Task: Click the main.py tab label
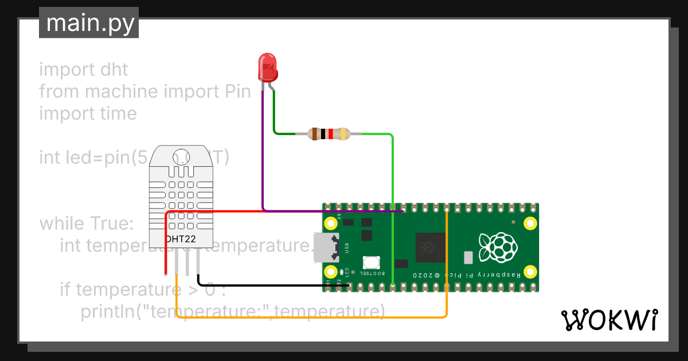coord(89,23)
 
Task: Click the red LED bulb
coord(267,66)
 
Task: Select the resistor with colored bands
coord(329,134)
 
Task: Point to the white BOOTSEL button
coord(372,262)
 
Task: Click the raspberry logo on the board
coord(497,248)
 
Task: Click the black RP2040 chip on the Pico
coord(430,247)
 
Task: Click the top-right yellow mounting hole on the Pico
coord(530,223)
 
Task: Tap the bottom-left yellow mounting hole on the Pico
coord(331,272)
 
